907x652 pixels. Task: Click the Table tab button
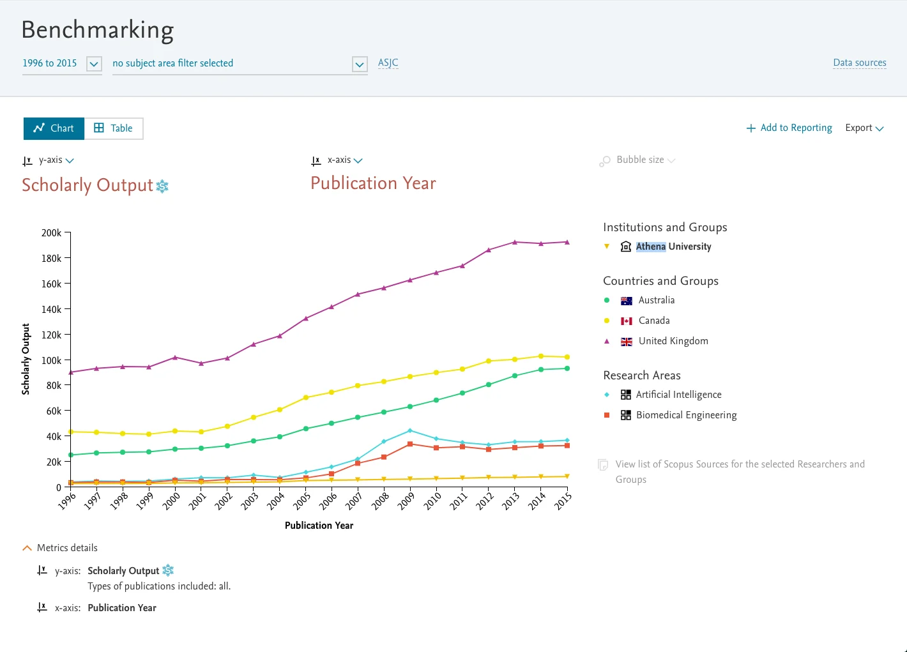[x=114, y=128]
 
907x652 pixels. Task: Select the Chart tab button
[x=54, y=128]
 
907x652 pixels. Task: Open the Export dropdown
[x=864, y=128]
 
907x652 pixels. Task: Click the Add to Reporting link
[x=789, y=128]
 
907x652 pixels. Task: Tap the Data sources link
[x=859, y=63]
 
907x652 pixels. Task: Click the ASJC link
[x=388, y=63]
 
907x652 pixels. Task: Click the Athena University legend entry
[x=673, y=246]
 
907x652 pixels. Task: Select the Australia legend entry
[x=656, y=300]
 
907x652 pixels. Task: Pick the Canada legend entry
[x=653, y=321]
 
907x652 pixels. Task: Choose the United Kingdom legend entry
[x=673, y=341]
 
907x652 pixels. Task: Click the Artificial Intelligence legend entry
[x=678, y=395]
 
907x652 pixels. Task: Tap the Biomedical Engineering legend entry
[x=686, y=415]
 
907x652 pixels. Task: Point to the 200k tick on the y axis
[x=52, y=233]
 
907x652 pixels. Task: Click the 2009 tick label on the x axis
[x=406, y=501]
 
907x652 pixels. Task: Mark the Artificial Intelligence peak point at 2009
[x=410, y=430]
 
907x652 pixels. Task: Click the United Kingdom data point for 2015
[x=567, y=242]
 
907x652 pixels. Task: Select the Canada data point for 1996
[x=70, y=432]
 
